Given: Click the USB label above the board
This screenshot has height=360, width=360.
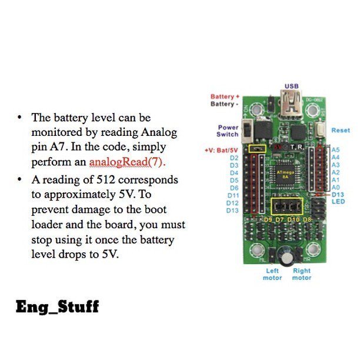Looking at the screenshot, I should click(x=291, y=86).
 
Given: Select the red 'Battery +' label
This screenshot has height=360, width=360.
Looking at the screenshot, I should click(x=225, y=96).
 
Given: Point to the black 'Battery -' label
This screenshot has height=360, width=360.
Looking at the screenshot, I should click(x=225, y=104).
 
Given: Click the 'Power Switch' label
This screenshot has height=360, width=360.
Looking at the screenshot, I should click(x=228, y=131).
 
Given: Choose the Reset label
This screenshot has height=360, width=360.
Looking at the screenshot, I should click(x=340, y=130).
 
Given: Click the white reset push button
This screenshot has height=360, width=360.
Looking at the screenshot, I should click(x=321, y=130).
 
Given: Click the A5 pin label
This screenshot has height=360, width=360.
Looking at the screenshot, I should click(x=336, y=150).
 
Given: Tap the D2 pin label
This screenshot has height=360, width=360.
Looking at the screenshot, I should click(x=234, y=158).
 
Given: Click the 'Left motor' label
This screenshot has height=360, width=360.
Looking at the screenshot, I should click(x=272, y=275).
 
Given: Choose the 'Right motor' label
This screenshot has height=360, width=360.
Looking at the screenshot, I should click(x=302, y=275).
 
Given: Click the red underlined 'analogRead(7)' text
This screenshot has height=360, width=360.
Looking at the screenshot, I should click(x=128, y=161).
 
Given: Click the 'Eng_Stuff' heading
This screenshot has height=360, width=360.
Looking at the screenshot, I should click(x=57, y=306).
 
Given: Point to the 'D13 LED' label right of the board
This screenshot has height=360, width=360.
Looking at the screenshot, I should click(x=338, y=198).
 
